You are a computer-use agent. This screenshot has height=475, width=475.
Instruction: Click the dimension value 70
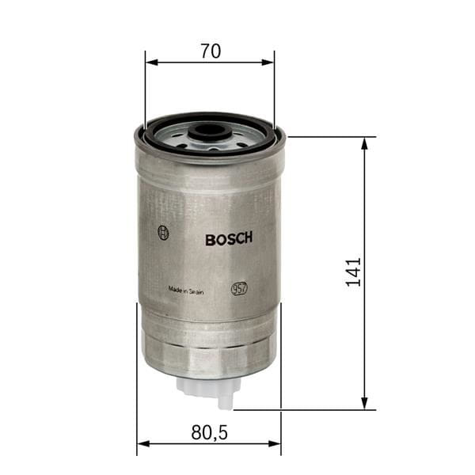coord(210,51)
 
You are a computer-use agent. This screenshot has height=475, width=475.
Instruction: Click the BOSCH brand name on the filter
coord(229,239)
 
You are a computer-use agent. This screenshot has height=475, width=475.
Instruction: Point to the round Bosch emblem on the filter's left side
coord(163,233)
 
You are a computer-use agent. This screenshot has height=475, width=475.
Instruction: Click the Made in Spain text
coord(185,291)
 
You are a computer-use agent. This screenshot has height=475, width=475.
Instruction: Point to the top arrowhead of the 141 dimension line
coord(365,143)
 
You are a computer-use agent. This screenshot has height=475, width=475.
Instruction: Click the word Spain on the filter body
coord(196,291)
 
